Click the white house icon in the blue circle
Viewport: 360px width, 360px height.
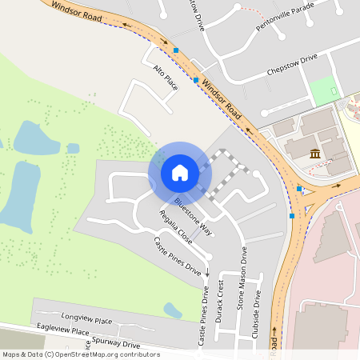[180, 172]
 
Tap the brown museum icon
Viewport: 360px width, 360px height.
[315, 154]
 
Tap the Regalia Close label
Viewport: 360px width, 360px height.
[175, 227]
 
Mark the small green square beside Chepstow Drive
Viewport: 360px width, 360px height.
[324, 90]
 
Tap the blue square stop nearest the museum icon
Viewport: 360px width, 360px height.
[299, 189]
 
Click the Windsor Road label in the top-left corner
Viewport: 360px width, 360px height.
[78, 10]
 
